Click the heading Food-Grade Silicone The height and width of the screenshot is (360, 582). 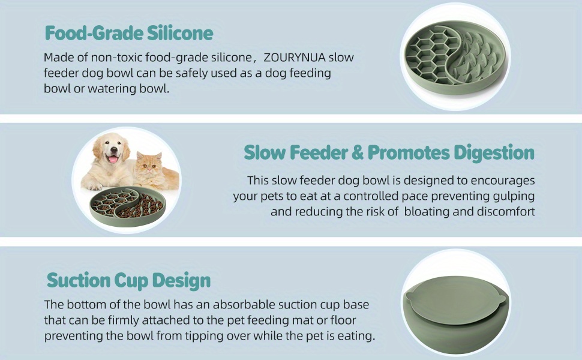pos(129,33)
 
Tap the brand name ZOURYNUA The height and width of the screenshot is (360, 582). pos(295,57)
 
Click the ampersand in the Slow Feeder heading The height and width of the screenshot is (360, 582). pos(358,152)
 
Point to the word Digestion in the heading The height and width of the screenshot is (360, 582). pos(494,153)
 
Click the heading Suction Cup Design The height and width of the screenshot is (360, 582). pos(128,281)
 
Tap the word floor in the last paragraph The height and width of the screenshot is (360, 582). pos(343,320)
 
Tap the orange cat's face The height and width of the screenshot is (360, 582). pos(148,166)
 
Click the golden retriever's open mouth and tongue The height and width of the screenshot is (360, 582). pos(112,158)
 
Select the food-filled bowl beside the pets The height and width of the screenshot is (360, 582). pos(127,207)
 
